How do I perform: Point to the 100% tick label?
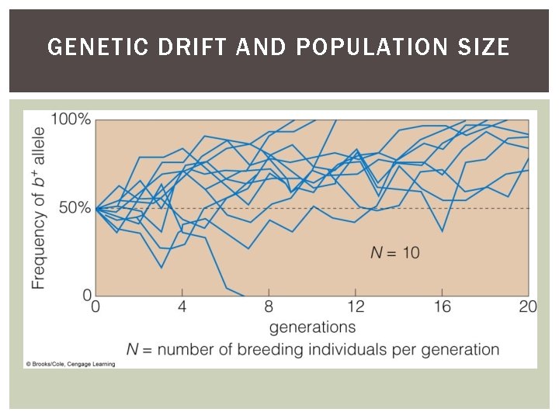[71, 119]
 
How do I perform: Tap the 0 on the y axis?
[87, 295]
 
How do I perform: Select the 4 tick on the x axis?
[182, 306]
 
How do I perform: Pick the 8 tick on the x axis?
[269, 306]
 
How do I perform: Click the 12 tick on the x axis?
[356, 306]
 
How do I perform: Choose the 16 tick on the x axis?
[442, 306]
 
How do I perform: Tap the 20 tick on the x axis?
[527, 306]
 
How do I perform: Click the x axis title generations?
[312, 327]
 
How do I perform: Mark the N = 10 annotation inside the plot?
[394, 252]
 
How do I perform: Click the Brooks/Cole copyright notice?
[70, 363]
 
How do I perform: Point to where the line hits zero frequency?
[243, 296]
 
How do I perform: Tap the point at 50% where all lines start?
[96, 208]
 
